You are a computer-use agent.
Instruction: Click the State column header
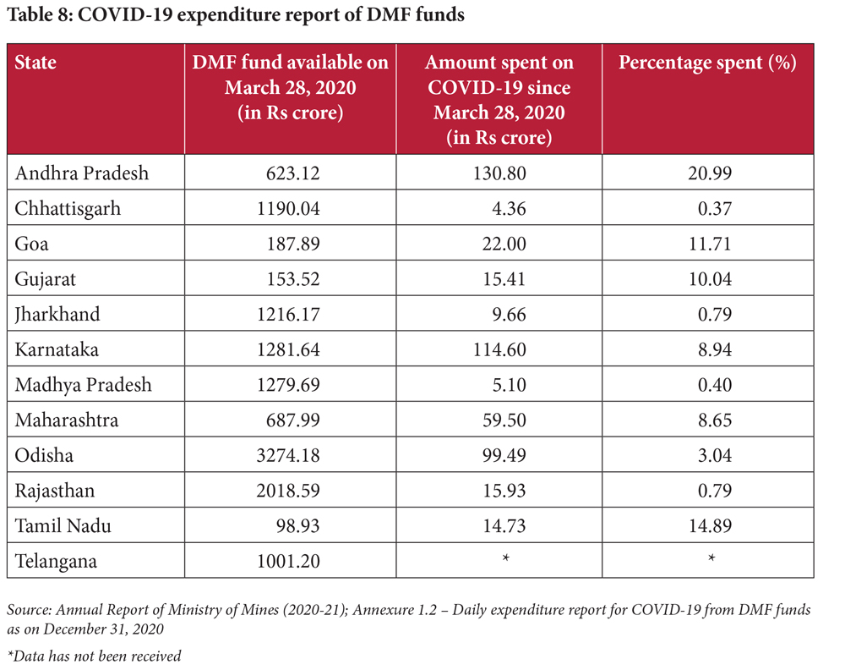pyautogui.click(x=35, y=63)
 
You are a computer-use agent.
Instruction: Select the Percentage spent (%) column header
pyautogui.click(x=707, y=63)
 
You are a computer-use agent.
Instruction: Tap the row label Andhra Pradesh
pyautogui.click(x=81, y=173)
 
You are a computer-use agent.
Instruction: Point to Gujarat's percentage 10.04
pyautogui.click(x=710, y=279)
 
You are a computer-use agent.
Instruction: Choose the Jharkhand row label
pyautogui.click(x=57, y=314)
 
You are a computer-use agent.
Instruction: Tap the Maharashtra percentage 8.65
pyautogui.click(x=714, y=420)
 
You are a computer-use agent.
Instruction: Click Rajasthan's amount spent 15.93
pyautogui.click(x=504, y=491)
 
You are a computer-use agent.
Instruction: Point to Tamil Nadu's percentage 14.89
pyautogui.click(x=710, y=525)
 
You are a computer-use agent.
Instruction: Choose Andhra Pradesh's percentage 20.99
pyautogui.click(x=710, y=173)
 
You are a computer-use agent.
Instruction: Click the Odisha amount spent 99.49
pyautogui.click(x=504, y=455)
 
